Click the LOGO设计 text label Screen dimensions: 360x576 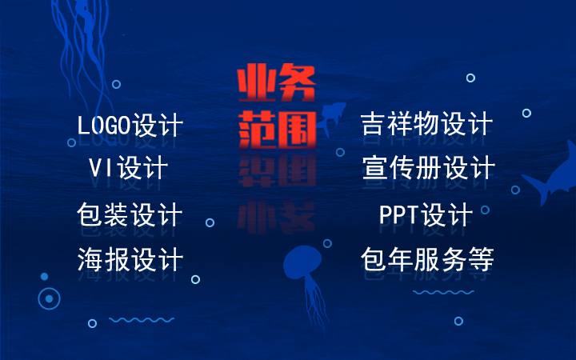(130, 126)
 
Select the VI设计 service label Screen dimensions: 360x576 (128, 169)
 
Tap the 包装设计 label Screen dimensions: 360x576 (130, 214)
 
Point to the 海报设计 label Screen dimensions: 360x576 (130, 259)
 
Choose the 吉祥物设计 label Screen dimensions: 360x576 (426, 125)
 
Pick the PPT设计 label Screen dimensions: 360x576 (426, 214)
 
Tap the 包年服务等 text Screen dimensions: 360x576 (427, 259)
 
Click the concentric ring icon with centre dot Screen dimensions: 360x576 (49, 298)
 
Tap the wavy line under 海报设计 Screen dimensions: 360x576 (130, 320)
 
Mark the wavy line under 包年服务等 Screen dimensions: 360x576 (442, 293)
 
